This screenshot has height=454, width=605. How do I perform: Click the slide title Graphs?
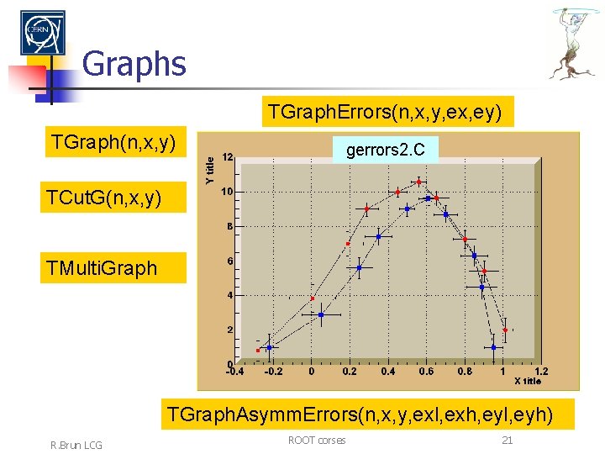pos(134,63)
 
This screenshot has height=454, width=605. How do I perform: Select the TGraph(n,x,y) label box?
pos(113,143)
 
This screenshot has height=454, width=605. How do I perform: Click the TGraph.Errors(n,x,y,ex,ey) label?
pos(387,112)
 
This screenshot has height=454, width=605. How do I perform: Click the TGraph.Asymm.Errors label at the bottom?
pos(359,414)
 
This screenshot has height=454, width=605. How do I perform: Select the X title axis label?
pos(528,381)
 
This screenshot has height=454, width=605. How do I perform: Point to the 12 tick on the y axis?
pos(228,156)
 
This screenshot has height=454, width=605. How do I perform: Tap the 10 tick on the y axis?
pos(228,191)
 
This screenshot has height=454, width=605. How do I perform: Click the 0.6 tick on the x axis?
pos(427,371)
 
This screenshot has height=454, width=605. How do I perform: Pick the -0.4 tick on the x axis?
pos(235,371)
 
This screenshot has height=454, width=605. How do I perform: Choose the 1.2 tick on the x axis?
pos(541,371)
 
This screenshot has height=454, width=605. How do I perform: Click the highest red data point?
pos(418,182)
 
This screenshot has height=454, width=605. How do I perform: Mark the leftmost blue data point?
pos(269,346)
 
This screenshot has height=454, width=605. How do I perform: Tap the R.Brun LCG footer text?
pos(75,444)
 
